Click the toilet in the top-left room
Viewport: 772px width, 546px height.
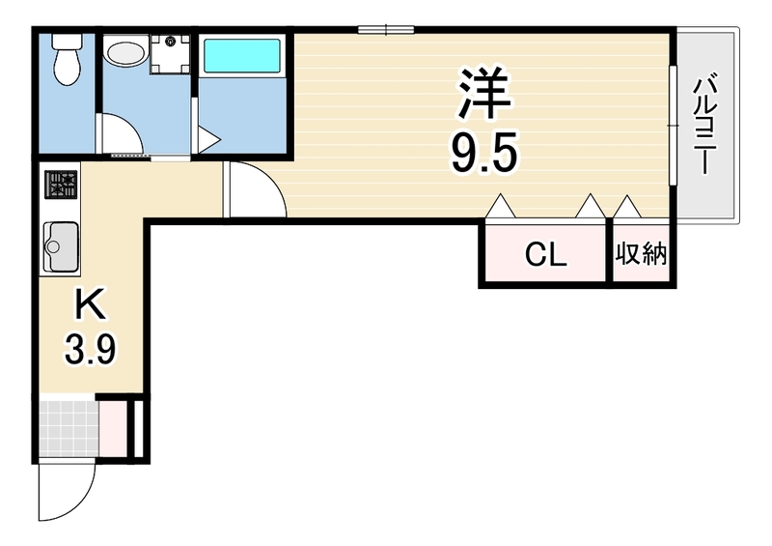67,59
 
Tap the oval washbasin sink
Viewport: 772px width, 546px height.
126,53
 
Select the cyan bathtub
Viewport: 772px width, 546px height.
242,56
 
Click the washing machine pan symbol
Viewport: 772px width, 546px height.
171,54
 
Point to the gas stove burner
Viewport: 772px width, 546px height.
61,185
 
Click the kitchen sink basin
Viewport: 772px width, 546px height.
61,246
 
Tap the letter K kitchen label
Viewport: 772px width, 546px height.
90,304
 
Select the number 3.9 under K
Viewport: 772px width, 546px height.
91,349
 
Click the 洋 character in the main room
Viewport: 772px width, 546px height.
484,94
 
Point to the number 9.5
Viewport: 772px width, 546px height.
484,152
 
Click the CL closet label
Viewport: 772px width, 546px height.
546,254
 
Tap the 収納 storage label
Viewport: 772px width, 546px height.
641,254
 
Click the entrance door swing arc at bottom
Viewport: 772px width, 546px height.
79,503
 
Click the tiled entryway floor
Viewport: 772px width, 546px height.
69,429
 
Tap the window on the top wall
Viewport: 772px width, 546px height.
386,30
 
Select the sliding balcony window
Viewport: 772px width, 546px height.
673,125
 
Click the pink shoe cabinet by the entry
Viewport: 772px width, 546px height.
113,429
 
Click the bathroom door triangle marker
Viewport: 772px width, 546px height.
209,140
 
